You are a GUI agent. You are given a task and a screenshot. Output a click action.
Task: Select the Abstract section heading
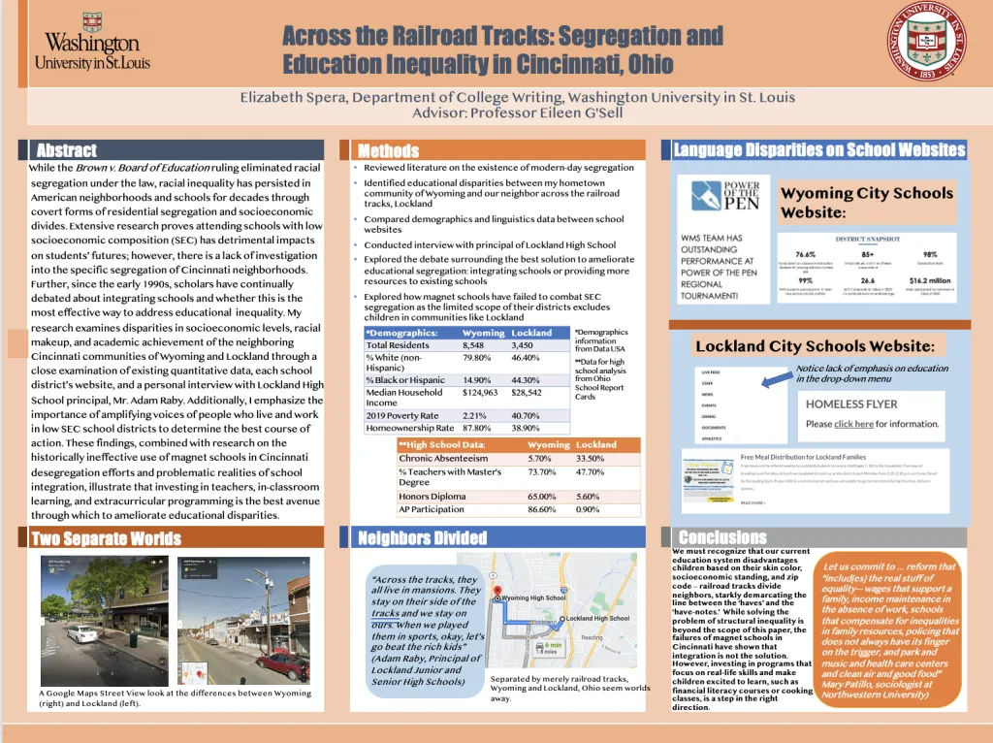pyautogui.click(x=66, y=150)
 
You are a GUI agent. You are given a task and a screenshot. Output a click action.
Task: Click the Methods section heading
pyautogui.click(x=388, y=150)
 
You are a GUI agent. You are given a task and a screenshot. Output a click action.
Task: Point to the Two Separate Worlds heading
pyautogui.click(x=106, y=538)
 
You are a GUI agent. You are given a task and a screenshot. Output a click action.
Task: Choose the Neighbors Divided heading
pyautogui.click(x=422, y=538)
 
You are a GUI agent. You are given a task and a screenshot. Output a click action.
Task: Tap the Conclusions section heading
pyautogui.click(x=722, y=537)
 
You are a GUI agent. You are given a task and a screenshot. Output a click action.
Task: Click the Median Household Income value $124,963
pyautogui.click(x=480, y=393)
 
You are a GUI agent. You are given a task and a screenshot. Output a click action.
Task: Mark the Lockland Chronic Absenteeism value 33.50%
pyautogui.click(x=591, y=459)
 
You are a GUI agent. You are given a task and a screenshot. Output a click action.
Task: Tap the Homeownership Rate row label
pyautogui.click(x=409, y=428)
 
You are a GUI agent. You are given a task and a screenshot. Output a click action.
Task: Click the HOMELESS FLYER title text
pyautogui.click(x=851, y=404)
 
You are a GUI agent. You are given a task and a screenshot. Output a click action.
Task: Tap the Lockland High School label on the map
pyautogui.click(x=597, y=618)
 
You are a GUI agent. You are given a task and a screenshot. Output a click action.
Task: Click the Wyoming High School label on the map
pyautogui.click(x=533, y=598)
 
